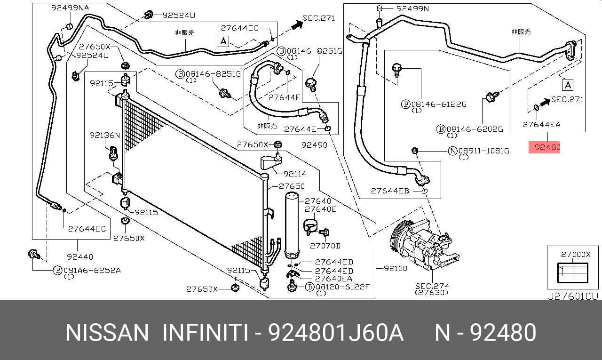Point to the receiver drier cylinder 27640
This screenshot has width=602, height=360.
(x=291, y=224)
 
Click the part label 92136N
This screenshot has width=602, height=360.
(x=105, y=135)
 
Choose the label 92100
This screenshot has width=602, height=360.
(x=395, y=268)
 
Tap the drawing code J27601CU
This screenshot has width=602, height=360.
(x=572, y=296)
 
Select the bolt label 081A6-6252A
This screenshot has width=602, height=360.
(x=92, y=270)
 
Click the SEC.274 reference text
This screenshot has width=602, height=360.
(x=432, y=286)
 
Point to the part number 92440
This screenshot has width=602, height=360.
(x=79, y=256)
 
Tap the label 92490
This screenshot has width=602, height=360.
(x=314, y=145)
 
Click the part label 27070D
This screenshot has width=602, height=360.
(x=325, y=245)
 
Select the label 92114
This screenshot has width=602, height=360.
(x=294, y=174)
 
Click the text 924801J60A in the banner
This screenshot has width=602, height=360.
(x=335, y=333)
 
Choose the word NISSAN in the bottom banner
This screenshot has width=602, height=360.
(x=107, y=333)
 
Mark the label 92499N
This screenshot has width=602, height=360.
(x=412, y=8)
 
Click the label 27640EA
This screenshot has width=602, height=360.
(x=334, y=279)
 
